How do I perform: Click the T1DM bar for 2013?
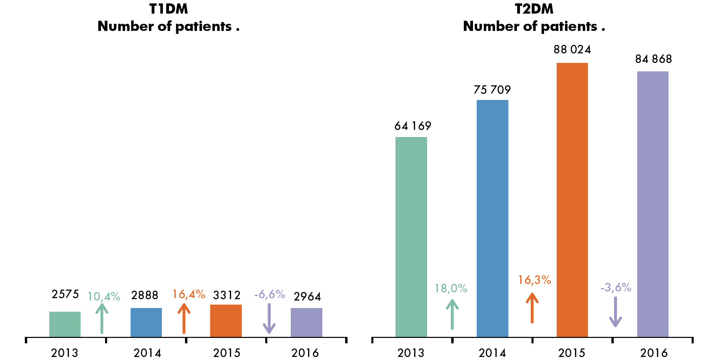coord(65,324)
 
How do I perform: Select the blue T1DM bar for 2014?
coord(146,323)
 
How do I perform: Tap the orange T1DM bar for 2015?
coord(226,321)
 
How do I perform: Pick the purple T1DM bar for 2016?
coord(306,323)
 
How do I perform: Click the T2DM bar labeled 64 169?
coord(411,237)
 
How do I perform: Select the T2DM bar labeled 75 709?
coord(492,219)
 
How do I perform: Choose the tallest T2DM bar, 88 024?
coord(572,200)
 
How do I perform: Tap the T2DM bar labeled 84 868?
coord(653,204)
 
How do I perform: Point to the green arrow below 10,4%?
coord(102,318)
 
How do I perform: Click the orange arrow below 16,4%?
coord(184,318)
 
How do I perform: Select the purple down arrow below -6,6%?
coord(269,319)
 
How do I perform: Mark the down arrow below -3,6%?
coord(615,312)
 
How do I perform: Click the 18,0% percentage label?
coord(451,289)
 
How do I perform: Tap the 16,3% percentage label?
coord(534,280)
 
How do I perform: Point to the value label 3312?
coord(227,295)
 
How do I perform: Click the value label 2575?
coord(65,294)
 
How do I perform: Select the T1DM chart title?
coord(169,18)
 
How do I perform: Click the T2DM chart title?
coord(534,18)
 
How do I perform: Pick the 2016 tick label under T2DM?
coord(654,353)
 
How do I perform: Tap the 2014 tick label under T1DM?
coord(147,353)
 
